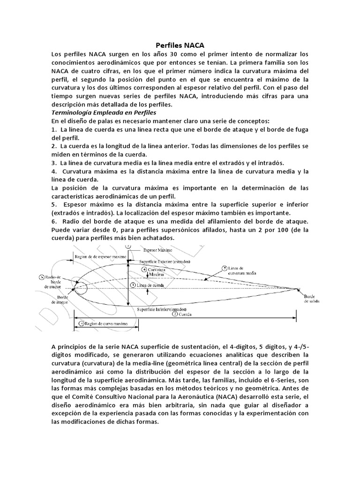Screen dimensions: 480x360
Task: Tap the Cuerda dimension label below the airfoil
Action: (x=185, y=315)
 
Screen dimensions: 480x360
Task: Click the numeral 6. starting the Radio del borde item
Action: (x=54, y=221)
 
